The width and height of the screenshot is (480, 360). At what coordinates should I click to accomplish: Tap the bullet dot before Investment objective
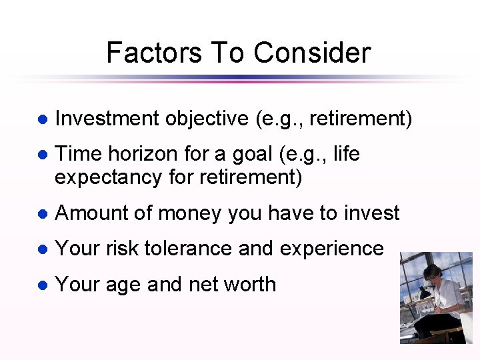[x=41, y=119]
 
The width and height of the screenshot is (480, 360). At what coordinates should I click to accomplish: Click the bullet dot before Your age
[x=41, y=285]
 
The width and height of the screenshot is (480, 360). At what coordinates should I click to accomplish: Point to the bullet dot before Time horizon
[x=41, y=155]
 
